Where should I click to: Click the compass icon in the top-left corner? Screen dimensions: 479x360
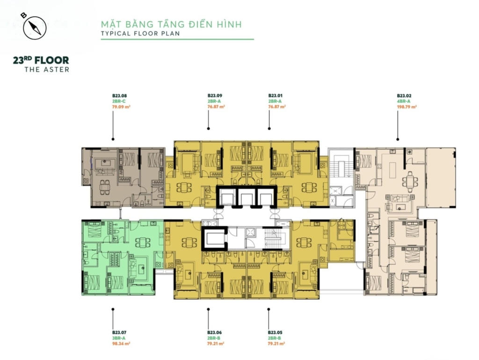34,28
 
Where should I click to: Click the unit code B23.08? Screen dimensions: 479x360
119,96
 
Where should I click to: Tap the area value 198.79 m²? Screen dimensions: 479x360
407,107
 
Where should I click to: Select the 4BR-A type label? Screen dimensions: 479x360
404,101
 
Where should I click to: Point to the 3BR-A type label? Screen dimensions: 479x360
119,338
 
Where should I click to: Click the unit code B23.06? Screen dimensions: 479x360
214,332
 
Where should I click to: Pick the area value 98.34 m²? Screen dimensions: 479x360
121,344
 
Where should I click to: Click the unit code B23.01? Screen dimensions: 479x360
275,96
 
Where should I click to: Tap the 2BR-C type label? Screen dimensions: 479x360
119,101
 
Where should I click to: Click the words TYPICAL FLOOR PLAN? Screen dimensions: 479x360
140,34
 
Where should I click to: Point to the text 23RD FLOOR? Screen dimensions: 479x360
41,60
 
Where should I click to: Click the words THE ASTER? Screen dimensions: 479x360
47,70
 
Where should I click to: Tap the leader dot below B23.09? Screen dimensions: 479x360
208,129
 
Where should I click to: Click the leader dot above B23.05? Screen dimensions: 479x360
269,310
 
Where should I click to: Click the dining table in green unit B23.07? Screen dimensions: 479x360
143,243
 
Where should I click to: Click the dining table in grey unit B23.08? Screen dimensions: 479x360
105,187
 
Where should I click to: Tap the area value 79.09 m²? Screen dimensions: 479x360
121,107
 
